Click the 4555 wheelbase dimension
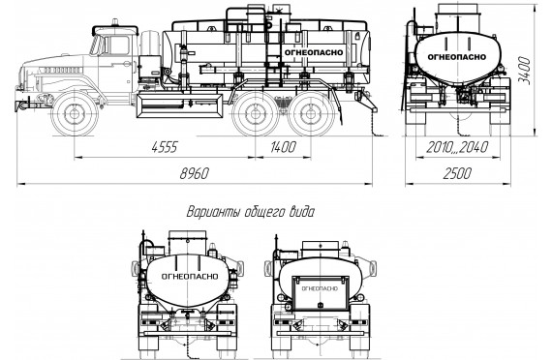(x=165, y=147)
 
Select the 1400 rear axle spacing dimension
(x=283, y=147)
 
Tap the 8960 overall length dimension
(x=195, y=173)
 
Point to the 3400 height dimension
(x=524, y=70)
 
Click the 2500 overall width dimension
(x=457, y=173)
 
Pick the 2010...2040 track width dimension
(x=457, y=147)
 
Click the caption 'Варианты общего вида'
(x=250, y=213)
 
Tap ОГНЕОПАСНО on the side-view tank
(x=314, y=52)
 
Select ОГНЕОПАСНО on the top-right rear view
(x=456, y=57)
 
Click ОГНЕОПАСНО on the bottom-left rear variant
(x=190, y=277)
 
